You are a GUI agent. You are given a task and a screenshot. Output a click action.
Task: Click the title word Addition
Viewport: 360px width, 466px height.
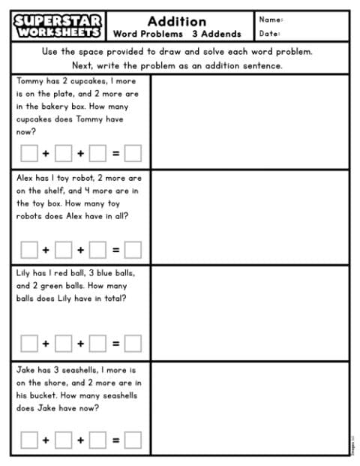[x=177, y=20]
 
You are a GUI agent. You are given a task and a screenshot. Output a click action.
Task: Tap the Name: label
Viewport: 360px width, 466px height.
[x=271, y=20]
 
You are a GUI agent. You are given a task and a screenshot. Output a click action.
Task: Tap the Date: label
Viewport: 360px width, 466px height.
[x=269, y=34]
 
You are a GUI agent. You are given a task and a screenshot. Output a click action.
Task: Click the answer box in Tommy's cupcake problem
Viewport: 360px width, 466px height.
[x=133, y=153]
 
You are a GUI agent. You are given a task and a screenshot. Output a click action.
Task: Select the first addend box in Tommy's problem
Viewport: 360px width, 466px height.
[x=28, y=153]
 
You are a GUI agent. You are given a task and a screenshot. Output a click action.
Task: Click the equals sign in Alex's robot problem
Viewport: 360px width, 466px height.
[x=115, y=249]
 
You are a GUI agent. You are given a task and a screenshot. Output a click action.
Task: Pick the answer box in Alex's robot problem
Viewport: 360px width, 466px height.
[x=133, y=249]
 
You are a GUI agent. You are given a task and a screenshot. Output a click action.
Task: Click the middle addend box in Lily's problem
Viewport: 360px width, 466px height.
[x=63, y=344]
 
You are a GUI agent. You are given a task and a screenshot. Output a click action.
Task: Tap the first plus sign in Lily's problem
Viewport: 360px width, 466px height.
[x=46, y=344]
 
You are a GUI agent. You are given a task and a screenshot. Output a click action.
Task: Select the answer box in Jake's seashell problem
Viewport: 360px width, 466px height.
[x=133, y=440]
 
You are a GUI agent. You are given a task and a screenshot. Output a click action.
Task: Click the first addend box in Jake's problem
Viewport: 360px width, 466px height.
[x=28, y=440]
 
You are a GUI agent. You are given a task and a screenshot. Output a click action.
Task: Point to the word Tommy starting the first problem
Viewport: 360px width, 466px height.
[x=30, y=80]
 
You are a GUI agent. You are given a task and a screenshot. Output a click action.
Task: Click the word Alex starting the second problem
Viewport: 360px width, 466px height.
[x=25, y=179]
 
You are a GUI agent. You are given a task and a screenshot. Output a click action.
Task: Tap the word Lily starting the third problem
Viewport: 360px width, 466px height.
[x=24, y=273]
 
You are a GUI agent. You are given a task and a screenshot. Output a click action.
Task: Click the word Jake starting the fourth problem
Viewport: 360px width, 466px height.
[x=25, y=370]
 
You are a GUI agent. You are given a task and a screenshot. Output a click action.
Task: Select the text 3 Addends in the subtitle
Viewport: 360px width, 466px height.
[x=216, y=34]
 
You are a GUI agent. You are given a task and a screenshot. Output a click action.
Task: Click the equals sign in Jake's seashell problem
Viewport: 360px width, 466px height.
[x=115, y=440]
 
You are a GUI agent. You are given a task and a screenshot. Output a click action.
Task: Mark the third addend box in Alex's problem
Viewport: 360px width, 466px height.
[x=97, y=249]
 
